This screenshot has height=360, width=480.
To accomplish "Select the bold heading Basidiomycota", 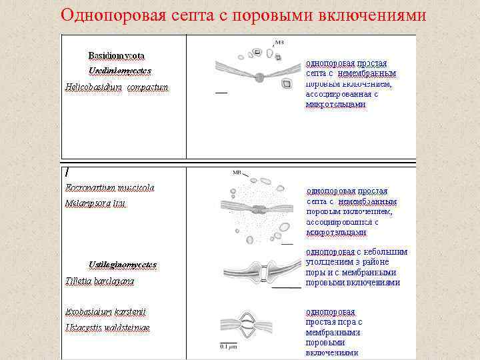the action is click(x=117, y=55).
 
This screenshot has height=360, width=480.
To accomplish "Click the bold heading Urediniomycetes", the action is click(x=119, y=70).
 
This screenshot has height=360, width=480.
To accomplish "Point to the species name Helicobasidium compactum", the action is click(x=117, y=87).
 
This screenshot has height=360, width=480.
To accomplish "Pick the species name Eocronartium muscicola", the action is click(x=110, y=187).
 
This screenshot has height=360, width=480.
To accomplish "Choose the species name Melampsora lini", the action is click(x=95, y=203).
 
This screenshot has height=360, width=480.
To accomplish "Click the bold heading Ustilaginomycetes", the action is click(x=123, y=265).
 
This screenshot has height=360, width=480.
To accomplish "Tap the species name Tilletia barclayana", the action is click(x=99, y=281).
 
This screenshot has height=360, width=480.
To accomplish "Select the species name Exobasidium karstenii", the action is click(x=105, y=311).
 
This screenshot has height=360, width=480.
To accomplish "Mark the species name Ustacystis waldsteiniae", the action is click(x=107, y=327).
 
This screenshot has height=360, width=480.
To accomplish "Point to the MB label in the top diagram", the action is click(x=279, y=42).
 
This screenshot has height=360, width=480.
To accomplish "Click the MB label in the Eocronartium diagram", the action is click(x=237, y=173).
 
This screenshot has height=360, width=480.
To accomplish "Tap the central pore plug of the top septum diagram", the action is click(x=259, y=77).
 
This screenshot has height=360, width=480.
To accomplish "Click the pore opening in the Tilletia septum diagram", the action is click(x=263, y=273).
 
